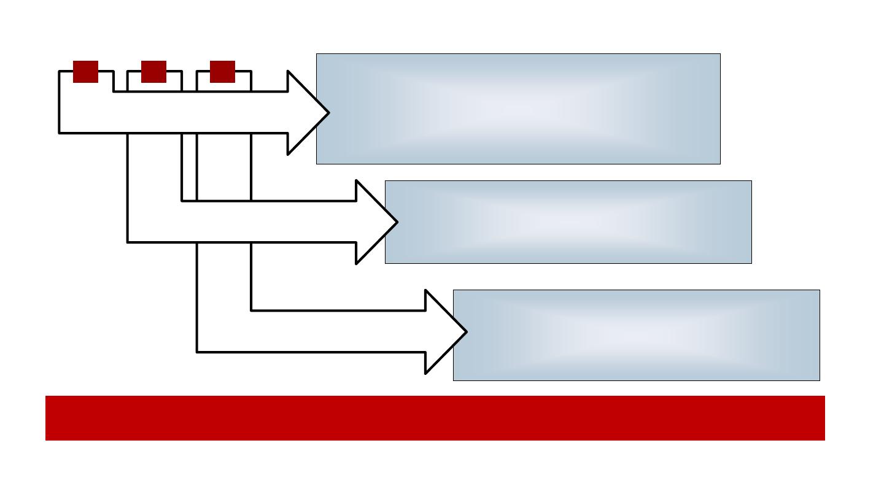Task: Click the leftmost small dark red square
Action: point(85,71)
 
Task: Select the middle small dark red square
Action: point(153,71)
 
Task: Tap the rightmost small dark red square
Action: point(222,71)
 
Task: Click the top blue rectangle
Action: point(518,109)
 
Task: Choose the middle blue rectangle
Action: point(568,222)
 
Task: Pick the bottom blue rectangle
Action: point(636,335)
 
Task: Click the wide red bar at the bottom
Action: point(435,418)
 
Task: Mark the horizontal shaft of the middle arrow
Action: point(276,222)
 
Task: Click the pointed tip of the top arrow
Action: point(328,112)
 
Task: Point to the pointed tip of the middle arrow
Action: point(397,222)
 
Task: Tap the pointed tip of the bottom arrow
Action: point(466,331)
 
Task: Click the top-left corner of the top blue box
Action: point(317,54)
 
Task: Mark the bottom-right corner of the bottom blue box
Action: point(819,380)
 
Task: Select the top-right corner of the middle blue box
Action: point(751,181)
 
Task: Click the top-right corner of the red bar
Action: point(824,396)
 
